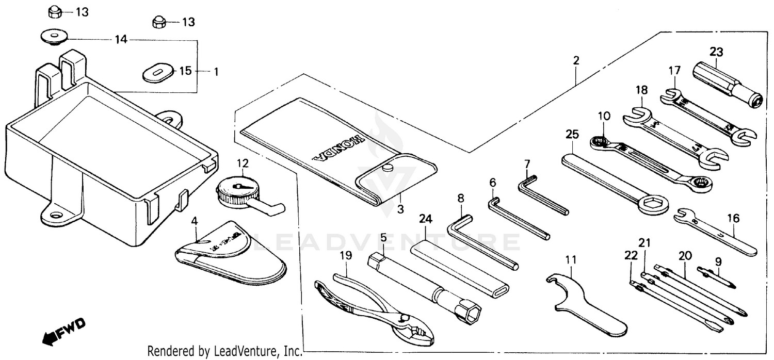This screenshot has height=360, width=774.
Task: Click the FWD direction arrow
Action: [63, 332]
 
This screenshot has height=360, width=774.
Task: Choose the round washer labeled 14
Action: [54, 37]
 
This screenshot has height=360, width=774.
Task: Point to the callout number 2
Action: [575, 60]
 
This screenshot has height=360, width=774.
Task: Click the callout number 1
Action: [216, 72]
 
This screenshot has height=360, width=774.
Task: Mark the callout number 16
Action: [733, 219]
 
